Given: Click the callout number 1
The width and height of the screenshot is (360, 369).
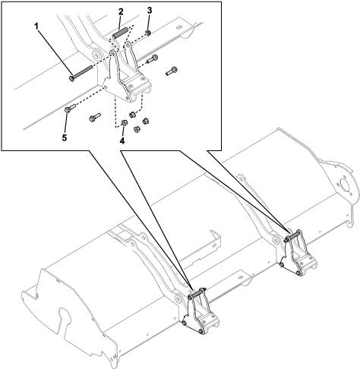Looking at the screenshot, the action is [x=37, y=26].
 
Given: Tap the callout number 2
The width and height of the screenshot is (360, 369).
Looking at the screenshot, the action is [x=121, y=11].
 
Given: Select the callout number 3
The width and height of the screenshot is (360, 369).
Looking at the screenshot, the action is [x=150, y=11].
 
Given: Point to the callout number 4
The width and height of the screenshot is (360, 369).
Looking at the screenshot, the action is [x=122, y=141].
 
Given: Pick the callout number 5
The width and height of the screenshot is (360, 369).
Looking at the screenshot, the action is [x=65, y=138].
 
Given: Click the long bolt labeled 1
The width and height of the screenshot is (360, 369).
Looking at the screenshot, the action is [x=81, y=73].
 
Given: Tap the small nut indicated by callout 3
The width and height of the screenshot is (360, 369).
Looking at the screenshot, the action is [x=148, y=33].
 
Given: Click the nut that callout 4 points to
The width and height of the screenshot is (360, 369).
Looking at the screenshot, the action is [x=124, y=123].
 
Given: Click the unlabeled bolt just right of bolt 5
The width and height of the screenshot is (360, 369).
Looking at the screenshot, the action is [x=95, y=117].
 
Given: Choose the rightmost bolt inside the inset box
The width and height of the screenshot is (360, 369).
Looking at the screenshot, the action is [x=172, y=71].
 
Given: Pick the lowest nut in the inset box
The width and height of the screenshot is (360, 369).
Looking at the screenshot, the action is [x=137, y=130].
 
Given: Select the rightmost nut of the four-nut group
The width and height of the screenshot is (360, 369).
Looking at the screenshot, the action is [x=145, y=121].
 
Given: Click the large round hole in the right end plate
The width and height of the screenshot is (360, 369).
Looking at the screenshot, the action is [x=344, y=184].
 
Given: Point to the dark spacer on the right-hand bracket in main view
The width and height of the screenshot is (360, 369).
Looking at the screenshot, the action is [x=293, y=235].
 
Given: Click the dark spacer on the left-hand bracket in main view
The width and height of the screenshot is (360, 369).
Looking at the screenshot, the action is [x=197, y=294].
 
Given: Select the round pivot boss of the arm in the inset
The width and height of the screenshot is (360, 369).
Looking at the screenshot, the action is [x=96, y=55].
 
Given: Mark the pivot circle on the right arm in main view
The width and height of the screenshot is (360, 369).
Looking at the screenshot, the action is [x=274, y=241].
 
